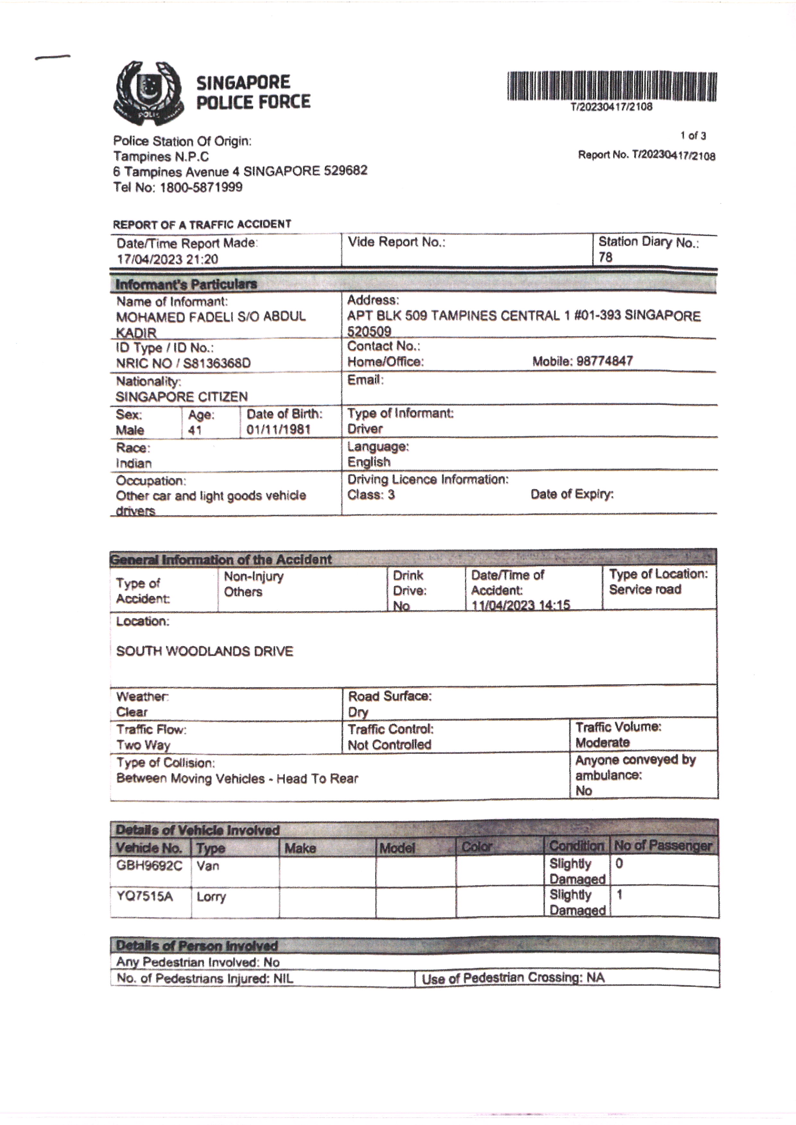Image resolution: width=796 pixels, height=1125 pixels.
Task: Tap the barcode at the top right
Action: pyautogui.click(x=612, y=86)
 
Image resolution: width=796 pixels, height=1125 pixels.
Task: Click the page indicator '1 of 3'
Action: pyautogui.click(x=693, y=136)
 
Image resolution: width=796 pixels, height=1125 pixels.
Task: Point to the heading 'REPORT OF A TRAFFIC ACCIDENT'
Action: pyautogui.click(x=202, y=225)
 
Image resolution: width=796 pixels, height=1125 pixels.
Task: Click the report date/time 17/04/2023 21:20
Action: pyautogui.click(x=167, y=259)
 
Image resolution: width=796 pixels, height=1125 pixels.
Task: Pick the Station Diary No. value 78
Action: pyautogui.click(x=605, y=257)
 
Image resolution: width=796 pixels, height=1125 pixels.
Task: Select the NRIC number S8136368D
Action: pyautogui.click(x=217, y=363)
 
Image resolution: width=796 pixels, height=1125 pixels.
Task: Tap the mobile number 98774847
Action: pyautogui.click(x=604, y=361)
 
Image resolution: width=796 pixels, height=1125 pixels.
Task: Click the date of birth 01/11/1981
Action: pyautogui.click(x=278, y=430)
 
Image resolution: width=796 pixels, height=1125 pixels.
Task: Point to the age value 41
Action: pyautogui.click(x=195, y=430)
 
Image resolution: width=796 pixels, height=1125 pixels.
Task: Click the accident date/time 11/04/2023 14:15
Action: pyautogui.click(x=521, y=605)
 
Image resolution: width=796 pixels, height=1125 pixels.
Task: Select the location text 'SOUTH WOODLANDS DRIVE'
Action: pyautogui.click(x=204, y=651)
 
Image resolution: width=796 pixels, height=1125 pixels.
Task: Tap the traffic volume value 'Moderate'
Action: pyautogui.click(x=602, y=742)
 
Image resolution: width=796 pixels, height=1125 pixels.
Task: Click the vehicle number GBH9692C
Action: pyautogui.click(x=149, y=865)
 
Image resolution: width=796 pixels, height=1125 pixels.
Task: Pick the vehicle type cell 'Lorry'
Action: pyautogui.click(x=211, y=897)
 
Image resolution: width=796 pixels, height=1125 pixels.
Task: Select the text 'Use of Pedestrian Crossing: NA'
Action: pyautogui.click(x=513, y=977)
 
